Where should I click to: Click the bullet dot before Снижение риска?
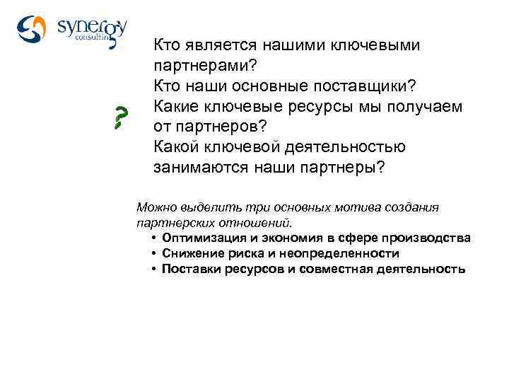(153, 253)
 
